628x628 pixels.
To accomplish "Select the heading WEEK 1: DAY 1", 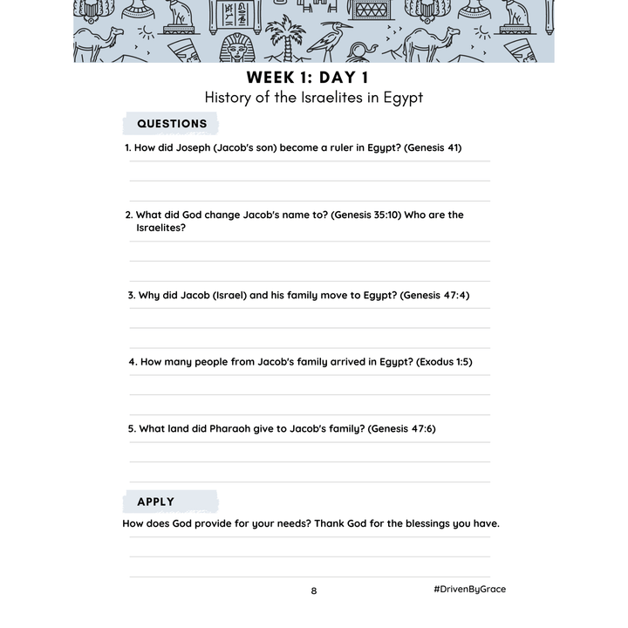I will pyautogui.click(x=313, y=78).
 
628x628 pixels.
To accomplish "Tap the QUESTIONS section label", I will pyautogui.click(x=172, y=124).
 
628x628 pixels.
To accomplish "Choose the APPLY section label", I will pyautogui.click(x=156, y=502).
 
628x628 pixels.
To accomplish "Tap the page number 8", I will pyautogui.click(x=314, y=590).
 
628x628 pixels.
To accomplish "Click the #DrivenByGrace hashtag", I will pyautogui.click(x=469, y=589).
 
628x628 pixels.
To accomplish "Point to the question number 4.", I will pyautogui.click(x=133, y=361).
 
